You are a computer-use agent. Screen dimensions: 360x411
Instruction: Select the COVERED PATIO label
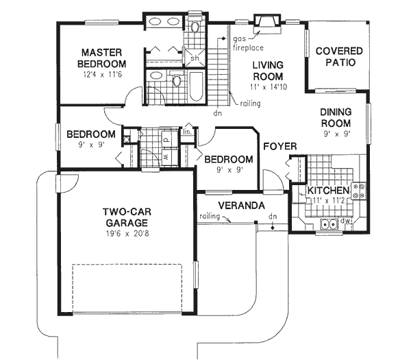click(335, 56)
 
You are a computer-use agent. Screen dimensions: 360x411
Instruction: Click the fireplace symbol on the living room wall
click(264, 23)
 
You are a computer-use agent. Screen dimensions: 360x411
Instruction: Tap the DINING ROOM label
click(335, 117)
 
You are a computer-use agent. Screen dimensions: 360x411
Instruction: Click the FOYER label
click(279, 146)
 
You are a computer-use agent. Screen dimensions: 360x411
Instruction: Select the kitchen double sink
click(328, 224)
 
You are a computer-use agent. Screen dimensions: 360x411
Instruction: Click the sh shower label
click(195, 58)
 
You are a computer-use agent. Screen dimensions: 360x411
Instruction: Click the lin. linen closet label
click(186, 131)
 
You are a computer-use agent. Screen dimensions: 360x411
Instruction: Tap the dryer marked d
click(166, 138)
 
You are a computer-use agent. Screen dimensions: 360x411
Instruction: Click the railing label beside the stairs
click(249, 104)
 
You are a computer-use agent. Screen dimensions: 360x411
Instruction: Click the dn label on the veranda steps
click(272, 217)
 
